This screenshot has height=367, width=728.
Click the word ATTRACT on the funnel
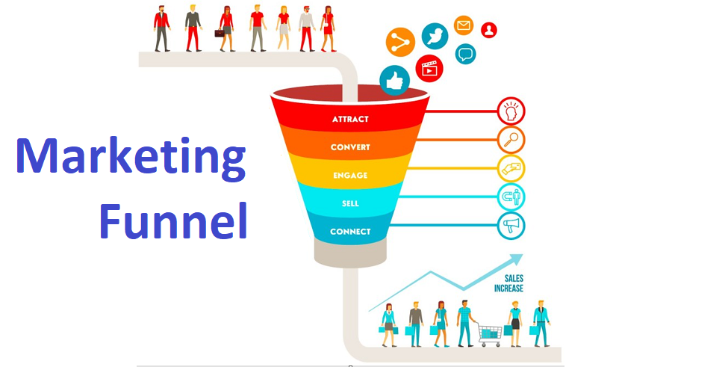350,119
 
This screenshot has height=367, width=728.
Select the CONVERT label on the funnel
350,147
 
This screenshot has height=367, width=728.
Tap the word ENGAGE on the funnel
350,175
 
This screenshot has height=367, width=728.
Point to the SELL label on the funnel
350,203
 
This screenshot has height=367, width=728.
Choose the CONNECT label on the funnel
350,232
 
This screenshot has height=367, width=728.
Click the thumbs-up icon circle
395,81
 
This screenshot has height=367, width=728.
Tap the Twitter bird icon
435,36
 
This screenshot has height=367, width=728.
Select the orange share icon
400,43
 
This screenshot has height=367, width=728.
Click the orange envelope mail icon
464,25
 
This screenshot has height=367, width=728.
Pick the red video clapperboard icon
429,68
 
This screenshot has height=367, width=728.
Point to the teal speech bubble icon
465,54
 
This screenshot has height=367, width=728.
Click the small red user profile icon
489,30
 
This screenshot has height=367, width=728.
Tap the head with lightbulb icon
511,111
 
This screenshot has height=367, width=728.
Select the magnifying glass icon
511,140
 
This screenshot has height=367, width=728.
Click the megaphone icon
511,226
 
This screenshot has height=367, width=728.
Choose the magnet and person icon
511,197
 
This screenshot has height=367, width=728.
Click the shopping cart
490,334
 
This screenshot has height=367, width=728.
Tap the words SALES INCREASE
508,283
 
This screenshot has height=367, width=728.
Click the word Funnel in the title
173,220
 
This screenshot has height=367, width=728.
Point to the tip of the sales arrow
523,254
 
